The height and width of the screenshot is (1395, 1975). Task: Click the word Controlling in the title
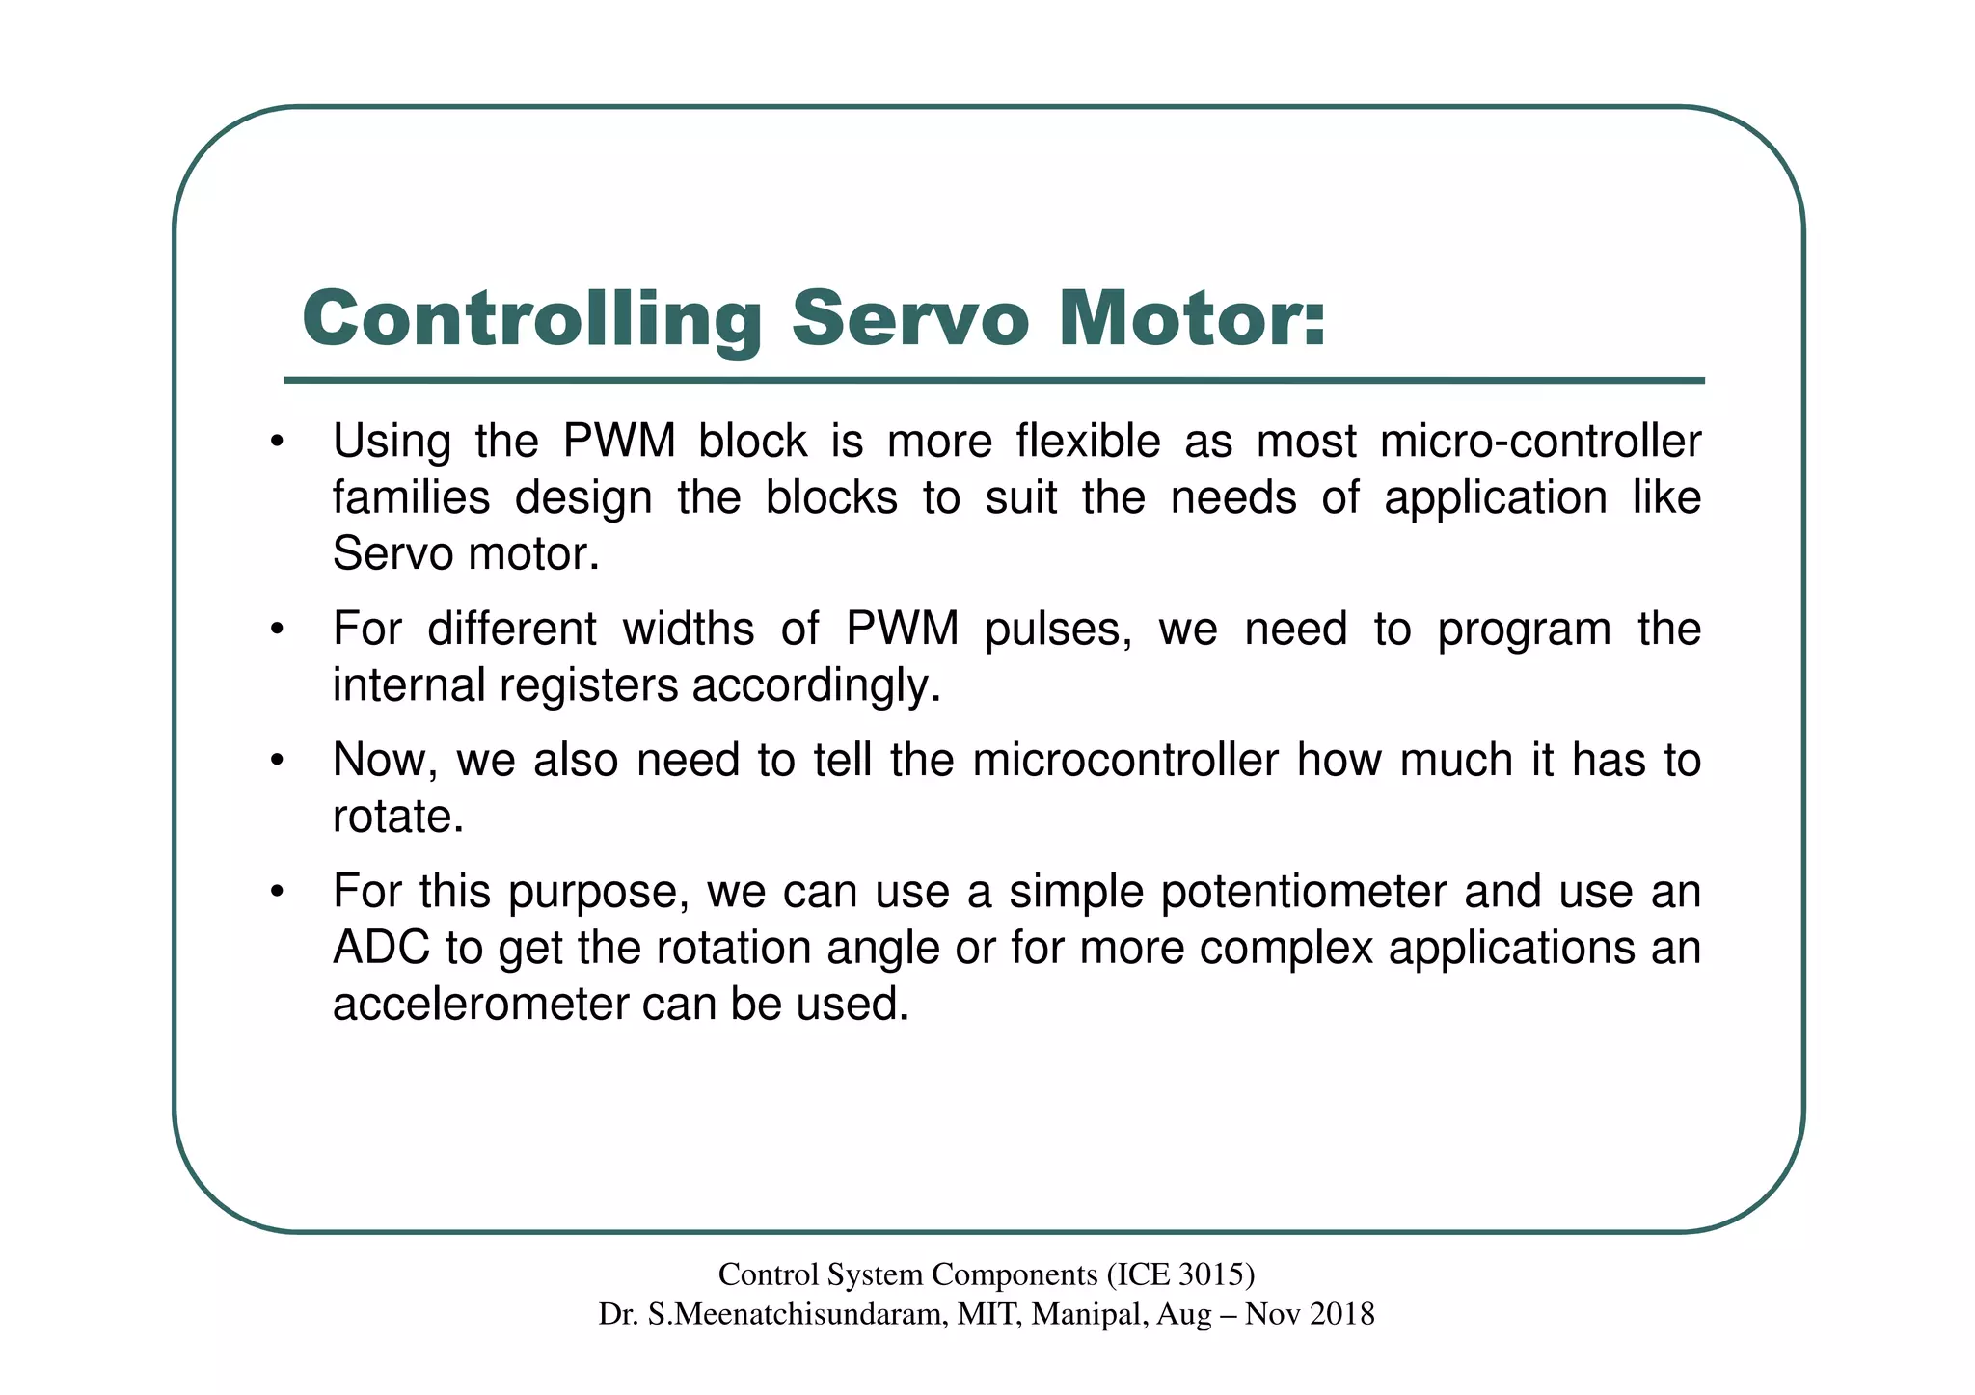tap(531, 320)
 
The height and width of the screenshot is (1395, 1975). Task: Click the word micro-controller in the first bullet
tap(1540, 442)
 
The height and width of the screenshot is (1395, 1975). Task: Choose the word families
tap(411, 498)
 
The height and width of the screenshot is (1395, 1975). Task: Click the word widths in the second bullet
tap(688, 630)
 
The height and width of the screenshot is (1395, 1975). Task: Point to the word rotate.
tap(397, 818)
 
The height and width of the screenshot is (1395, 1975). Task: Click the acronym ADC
tap(381, 949)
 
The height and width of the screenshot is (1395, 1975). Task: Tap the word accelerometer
tap(479, 1005)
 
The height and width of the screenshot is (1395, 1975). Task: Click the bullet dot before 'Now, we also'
tap(277, 762)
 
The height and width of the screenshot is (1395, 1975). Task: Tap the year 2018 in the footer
tap(1341, 1314)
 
